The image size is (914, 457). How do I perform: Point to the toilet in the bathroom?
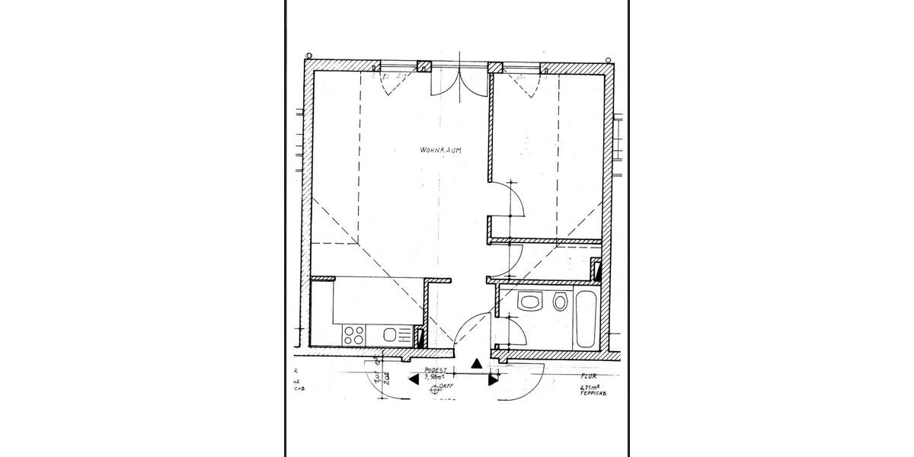(560, 302)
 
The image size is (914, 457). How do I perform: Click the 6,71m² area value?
(590, 388)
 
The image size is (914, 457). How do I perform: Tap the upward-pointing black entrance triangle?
(476, 364)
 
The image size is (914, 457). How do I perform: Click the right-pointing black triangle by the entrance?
(493, 379)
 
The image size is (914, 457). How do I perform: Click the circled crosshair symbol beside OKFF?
(436, 388)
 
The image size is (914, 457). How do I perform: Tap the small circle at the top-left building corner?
(308, 56)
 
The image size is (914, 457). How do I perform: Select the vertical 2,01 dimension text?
(387, 379)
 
